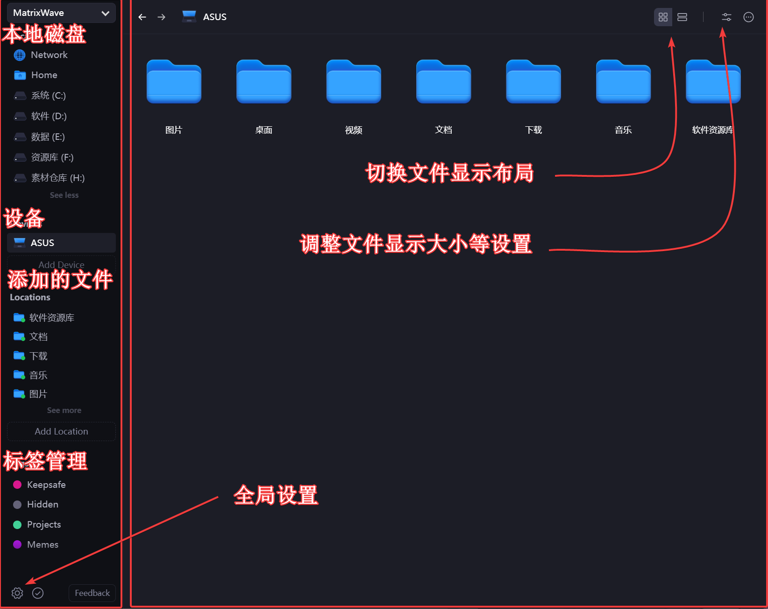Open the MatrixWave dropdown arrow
click(x=105, y=13)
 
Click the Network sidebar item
click(x=49, y=55)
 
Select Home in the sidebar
click(x=44, y=75)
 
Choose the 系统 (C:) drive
click(x=48, y=96)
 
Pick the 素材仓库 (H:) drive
click(x=57, y=178)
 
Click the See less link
click(x=64, y=195)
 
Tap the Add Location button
click(x=61, y=431)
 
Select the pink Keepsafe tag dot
click(x=17, y=485)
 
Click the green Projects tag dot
click(x=17, y=525)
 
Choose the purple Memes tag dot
click(x=17, y=544)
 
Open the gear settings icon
click(x=17, y=593)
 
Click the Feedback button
click(x=92, y=593)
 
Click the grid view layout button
click(x=663, y=17)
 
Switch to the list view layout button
click(x=682, y=17)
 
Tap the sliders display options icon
click(x=726, y=17)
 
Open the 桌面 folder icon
click(x=264, y=82)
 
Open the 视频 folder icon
click(x=354, y=82)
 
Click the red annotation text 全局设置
click(x=276, y=495)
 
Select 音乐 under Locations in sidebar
click(x=38, y=375)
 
